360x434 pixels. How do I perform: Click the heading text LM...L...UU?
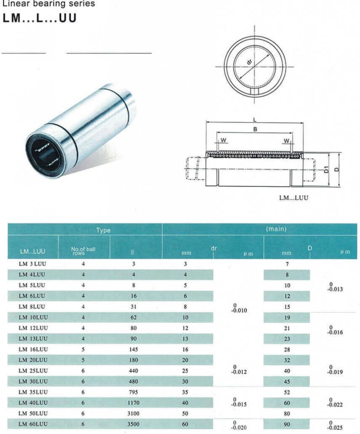point(39,19)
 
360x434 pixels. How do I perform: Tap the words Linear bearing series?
point(49,4)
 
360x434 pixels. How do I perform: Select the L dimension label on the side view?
point(254,120)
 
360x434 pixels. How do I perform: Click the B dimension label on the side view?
point(255,130)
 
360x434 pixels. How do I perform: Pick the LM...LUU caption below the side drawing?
point(293,198)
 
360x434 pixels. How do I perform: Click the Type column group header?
point(103,230)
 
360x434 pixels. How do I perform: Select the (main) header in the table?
point(276,229)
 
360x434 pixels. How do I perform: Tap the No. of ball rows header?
point(83,250)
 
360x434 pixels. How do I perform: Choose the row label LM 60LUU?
point(33,424)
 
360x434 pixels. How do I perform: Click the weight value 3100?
point(134,413)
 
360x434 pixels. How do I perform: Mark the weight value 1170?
point(134,403)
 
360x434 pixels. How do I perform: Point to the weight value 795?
point(134,392)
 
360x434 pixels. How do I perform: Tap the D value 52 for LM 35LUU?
point(287,392)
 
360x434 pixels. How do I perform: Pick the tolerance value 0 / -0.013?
point(335,287)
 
